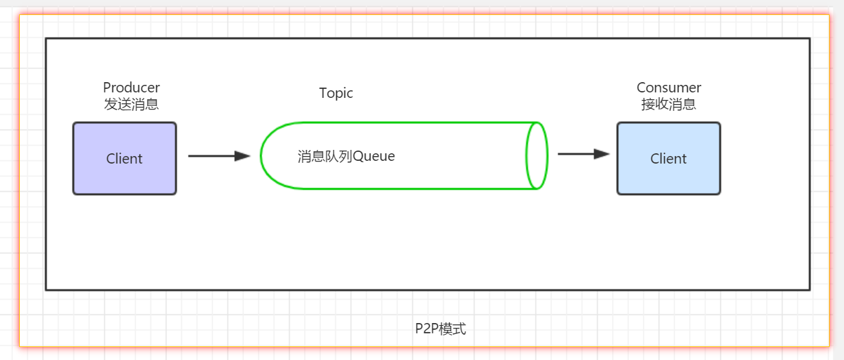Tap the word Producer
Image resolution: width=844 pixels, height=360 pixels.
[x=131, y=88]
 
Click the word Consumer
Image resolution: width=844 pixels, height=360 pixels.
[x=669, y=88]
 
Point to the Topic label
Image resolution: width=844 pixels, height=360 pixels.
[x=336, y=93]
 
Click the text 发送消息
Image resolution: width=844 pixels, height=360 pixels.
[x=131, y=105]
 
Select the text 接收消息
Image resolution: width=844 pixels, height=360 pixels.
[x=669, y=105]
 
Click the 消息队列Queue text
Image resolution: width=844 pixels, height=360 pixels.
[x=346, y=156]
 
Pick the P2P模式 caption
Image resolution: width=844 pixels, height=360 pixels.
[x=440, y=329]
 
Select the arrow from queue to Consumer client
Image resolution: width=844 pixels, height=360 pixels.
[x=583, y=154]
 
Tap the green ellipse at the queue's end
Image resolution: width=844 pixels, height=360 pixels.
[x=537, y=155]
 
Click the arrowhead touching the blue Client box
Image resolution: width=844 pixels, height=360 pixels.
[x=602, y=154]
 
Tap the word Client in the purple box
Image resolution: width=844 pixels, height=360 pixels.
[x=125, y=159]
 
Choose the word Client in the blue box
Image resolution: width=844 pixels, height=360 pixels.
[x=668, y=159]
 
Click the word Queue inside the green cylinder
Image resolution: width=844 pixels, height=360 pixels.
[x=374, y=156]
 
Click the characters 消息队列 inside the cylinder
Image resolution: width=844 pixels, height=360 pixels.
[x=324, y=156]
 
